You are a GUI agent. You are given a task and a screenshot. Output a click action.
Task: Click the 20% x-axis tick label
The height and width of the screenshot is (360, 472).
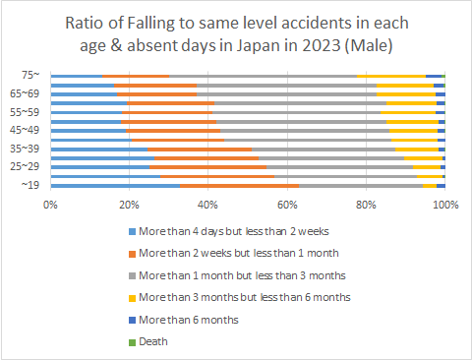click(129, 204)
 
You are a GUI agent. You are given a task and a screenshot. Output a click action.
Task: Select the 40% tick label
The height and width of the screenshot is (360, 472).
click(207, 204)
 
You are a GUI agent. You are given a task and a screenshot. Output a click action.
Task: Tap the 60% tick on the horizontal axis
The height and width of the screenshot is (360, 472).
click(287, 204)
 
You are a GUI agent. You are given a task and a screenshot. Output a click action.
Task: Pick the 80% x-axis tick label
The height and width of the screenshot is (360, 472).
click(366, 204)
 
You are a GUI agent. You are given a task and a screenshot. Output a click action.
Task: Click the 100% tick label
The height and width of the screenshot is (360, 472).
click(444, 204)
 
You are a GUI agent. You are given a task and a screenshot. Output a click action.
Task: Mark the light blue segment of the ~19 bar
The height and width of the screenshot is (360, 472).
click(115, 185)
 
